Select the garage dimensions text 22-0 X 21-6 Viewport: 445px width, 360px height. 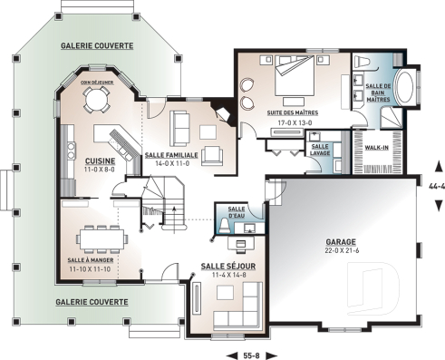pos(343,252)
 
